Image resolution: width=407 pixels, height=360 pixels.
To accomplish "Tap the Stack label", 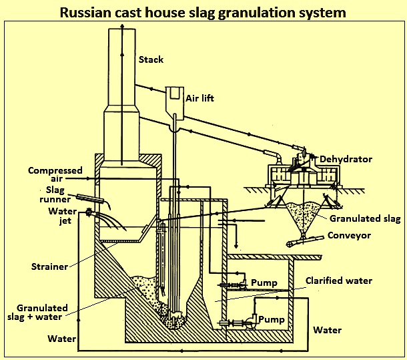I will [x=150, y=60].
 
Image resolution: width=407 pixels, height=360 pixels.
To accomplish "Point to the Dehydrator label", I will [x=346, y=159].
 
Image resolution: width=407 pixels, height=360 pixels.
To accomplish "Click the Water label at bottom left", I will [x=61, y=339].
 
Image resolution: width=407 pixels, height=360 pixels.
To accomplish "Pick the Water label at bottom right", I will [x=327, y=330].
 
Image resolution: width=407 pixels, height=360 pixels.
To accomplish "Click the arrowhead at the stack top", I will [x=122, y=25].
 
